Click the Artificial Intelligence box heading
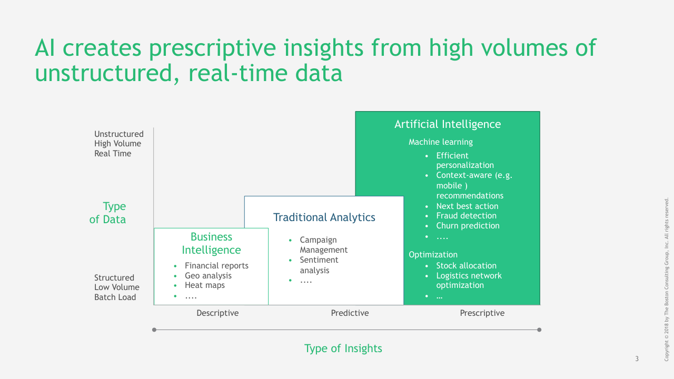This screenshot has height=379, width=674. [x=448, y=124]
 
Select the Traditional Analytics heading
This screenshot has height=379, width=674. [x=324, y=217]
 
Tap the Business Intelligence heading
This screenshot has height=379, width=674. [x=211, y=243]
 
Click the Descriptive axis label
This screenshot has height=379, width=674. [x=217, y=313]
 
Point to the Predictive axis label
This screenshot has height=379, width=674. [x=350, y=313]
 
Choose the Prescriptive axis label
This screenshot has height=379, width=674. [x=482, y=313]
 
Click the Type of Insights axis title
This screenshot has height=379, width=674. [x=343, y=348]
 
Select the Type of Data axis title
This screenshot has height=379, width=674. [x=108, y=213]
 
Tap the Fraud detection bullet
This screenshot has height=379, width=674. [x=466, y=216]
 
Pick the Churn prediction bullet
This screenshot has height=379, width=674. [x=468, y=226]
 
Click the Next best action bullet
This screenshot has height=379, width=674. [x=467, y=206]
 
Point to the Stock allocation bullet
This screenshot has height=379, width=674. [x=466, y=266]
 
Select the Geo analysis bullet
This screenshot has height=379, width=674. [x=208, y=276]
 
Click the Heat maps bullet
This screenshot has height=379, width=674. [x=204, y=285]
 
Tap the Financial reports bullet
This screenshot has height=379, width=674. [x=216, y=266]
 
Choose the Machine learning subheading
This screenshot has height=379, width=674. [x=441, y=142]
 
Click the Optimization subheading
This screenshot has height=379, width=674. [x=433, y=255]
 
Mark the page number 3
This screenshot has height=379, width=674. [x=637, y=359]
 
